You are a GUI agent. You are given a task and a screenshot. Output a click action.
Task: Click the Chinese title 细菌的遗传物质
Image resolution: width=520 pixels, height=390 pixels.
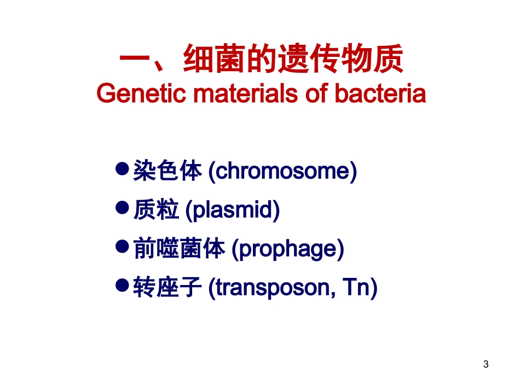(293, 60)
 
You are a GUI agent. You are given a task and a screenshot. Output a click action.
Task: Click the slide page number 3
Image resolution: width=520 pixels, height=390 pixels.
(486, 365)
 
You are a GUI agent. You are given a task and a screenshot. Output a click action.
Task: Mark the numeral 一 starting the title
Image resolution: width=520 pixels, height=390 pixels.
(135, 60)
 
